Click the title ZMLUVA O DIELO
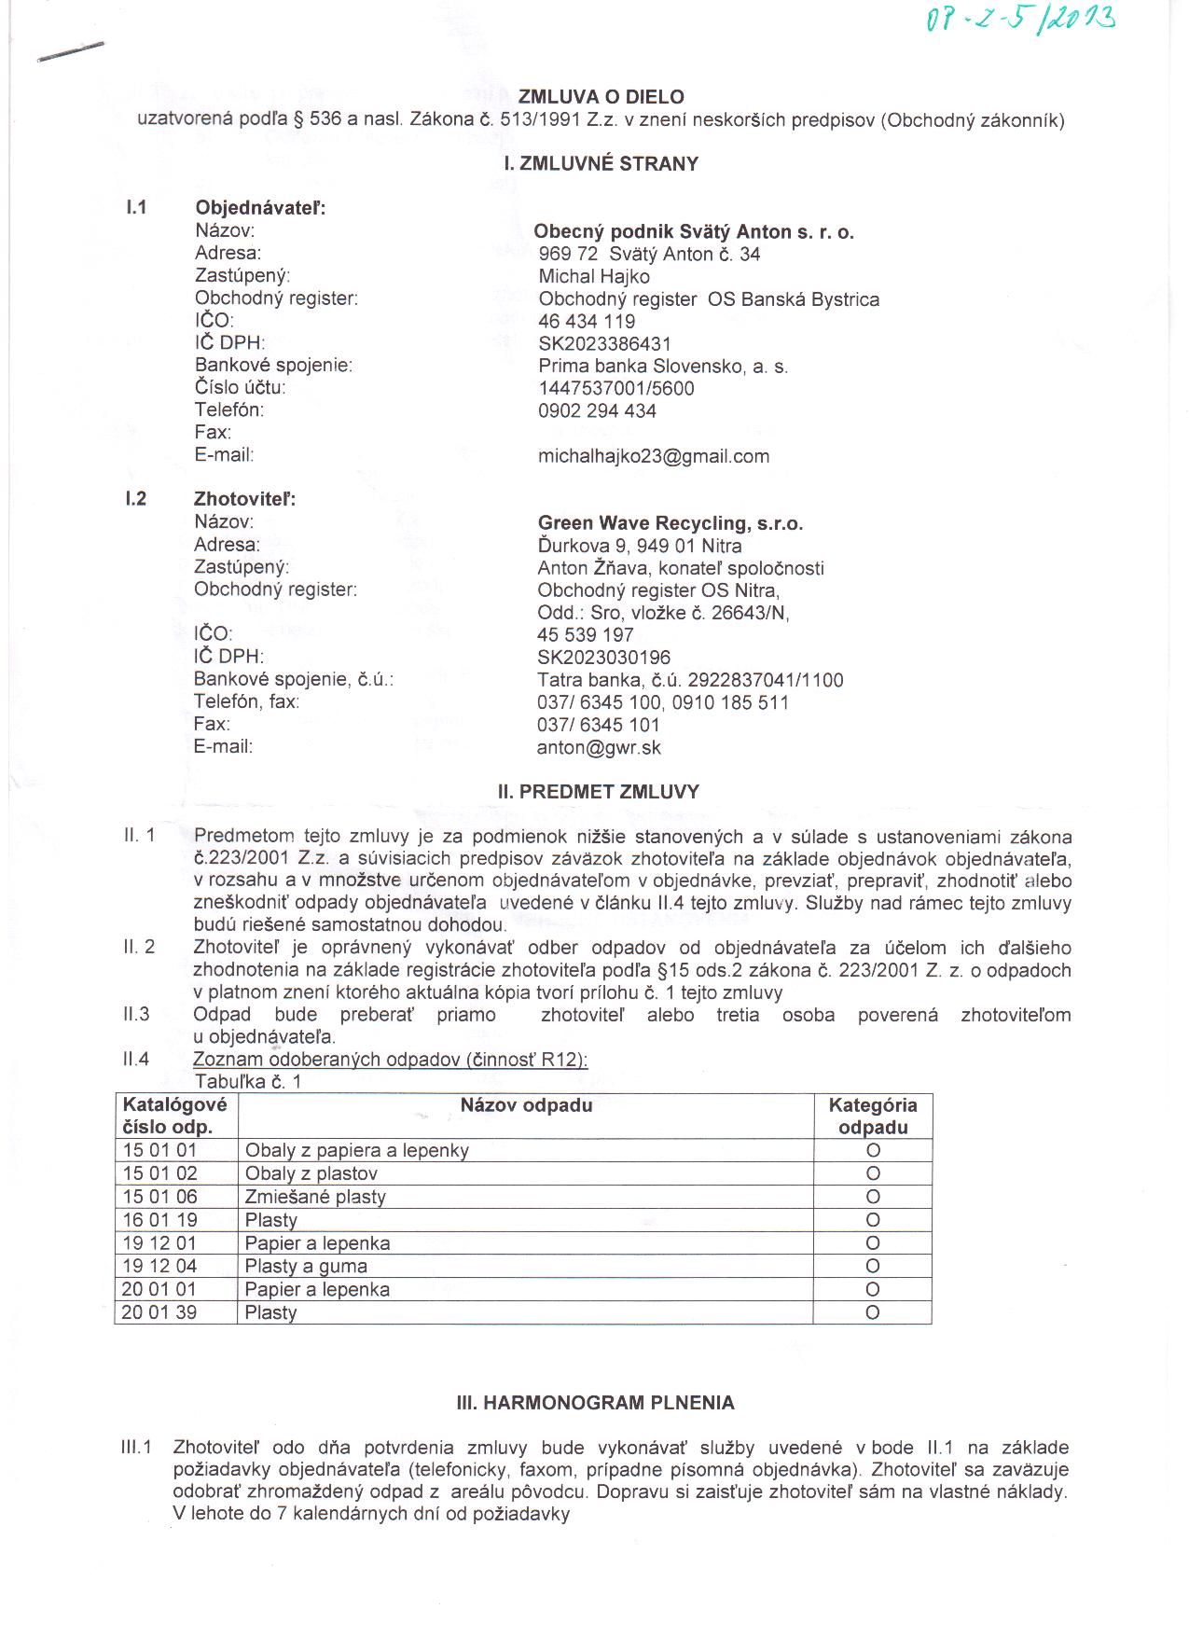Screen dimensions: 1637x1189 pos(601,97)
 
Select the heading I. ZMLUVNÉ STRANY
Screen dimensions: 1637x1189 pos(601,164)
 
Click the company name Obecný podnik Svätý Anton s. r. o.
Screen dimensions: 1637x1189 pos(694,232)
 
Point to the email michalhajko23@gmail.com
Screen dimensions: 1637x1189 pos(654,456)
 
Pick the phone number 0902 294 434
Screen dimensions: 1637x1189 pos(597,411)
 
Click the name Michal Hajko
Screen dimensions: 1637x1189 pos(594,277)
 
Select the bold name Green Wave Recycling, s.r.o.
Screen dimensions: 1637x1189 pos(670,523)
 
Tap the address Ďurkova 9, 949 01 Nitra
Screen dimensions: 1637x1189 pos(640,546)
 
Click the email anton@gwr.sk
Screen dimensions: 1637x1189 pos(599,747)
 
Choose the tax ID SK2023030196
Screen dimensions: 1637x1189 pos(603,658)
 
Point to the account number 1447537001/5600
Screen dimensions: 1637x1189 pos(616,389)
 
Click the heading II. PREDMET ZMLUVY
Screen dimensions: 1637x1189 pos(598,792)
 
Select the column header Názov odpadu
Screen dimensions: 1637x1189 pos(526,1105)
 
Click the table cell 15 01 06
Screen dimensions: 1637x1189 pos(159,1197)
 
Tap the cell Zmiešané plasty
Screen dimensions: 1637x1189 pos(315,1197)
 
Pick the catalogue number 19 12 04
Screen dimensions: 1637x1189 pos(159,1266)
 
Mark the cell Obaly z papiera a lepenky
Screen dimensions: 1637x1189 pos(356,1150)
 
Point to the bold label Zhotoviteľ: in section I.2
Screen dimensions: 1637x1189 pos(244,499)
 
